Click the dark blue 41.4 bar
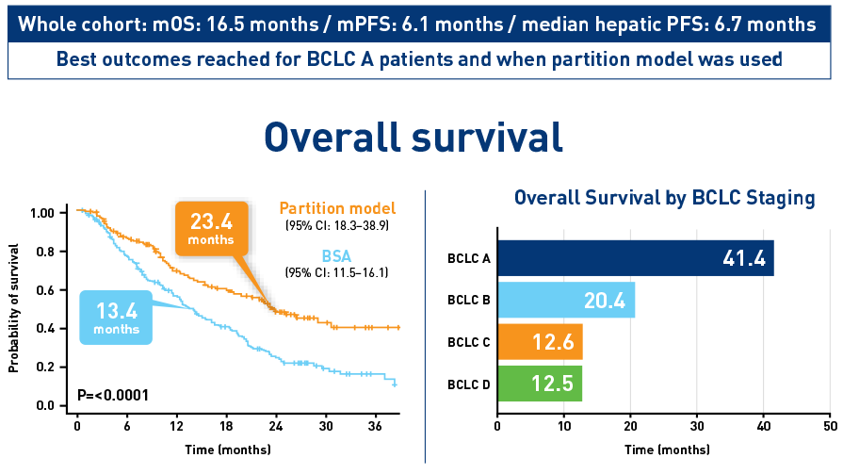point(636,258)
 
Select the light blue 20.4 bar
point(566,301)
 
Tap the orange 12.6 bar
point(540,342)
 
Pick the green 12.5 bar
point(540,384)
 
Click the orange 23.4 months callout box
point(211,229)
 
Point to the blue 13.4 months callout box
point(117,317)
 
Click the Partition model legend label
point(337,208)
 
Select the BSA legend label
point(336,255)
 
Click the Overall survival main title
point(413,138)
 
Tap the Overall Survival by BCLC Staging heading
point(664,198)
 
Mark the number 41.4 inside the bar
point(743,258)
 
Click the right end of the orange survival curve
point(399,327)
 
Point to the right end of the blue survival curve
point(395,384)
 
